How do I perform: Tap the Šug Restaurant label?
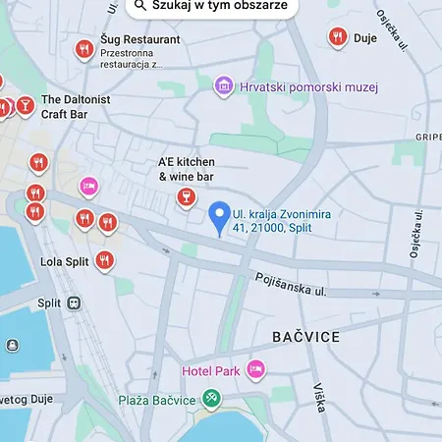pos(140,39)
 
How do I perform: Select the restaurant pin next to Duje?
pos(337,38)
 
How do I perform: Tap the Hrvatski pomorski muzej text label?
pos(308,87)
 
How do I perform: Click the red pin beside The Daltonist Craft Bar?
pos(24,104)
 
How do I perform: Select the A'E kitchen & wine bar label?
pos(186,169)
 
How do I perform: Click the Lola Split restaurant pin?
pos(104,261)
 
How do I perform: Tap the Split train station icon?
pos(74,304)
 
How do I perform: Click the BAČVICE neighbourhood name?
pos(305,337)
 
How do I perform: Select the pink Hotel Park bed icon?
pos(255,370)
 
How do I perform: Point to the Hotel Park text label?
pos(211,371)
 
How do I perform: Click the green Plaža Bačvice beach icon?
pos(210,399)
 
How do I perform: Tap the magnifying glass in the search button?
pos(140,5)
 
